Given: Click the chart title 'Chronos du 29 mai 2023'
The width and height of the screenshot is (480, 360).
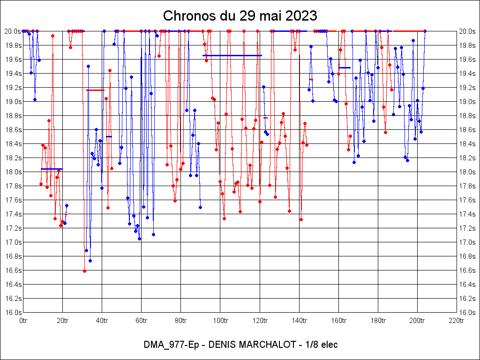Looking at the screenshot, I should point(240,15).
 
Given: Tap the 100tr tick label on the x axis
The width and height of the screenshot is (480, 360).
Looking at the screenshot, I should point(220,321).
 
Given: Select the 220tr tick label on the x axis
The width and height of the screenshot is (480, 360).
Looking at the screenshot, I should point(457,321).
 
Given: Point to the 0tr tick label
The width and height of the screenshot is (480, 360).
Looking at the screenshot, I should point(23,321).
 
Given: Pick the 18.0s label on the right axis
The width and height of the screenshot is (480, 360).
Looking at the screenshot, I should point(468,172).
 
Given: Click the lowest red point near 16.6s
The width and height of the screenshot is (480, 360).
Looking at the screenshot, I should point(84,271).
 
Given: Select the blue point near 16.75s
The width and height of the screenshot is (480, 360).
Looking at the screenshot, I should point(90,261).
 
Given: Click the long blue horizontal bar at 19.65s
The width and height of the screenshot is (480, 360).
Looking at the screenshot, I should point(232,55).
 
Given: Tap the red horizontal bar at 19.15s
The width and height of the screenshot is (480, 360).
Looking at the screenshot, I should point(95,90).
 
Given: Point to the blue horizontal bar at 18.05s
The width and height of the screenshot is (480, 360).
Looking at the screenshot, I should point(52,169).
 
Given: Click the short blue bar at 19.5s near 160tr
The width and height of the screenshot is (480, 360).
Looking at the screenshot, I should point(345,67).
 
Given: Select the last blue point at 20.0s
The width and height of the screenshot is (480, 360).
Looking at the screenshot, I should point(425,31).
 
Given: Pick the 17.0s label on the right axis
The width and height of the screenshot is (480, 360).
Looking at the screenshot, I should point(468,242).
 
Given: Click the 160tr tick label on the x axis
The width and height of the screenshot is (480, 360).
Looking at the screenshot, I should point(338,321).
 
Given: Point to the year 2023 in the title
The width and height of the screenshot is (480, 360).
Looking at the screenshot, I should point(300,15).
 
